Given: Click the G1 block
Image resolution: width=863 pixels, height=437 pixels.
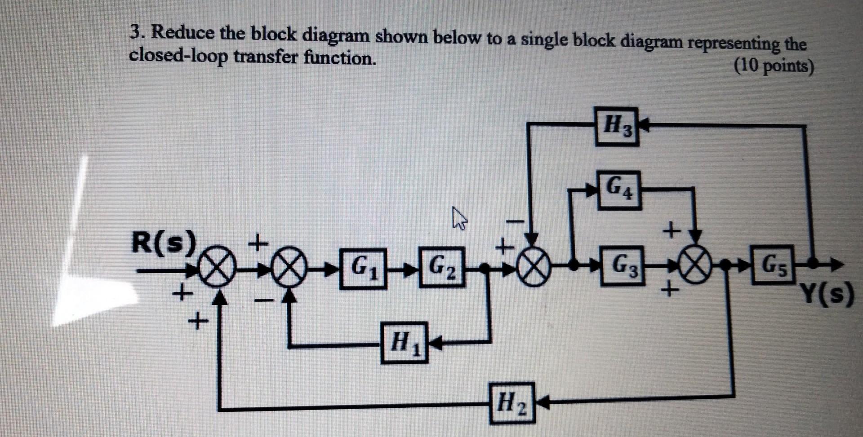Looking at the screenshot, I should point(363,268).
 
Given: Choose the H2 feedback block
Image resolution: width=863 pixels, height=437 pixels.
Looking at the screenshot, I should point(512,402).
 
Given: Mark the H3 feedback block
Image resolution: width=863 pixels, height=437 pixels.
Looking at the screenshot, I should point(617,127).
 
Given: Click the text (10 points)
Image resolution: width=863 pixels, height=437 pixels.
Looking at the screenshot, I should point(774,67).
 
